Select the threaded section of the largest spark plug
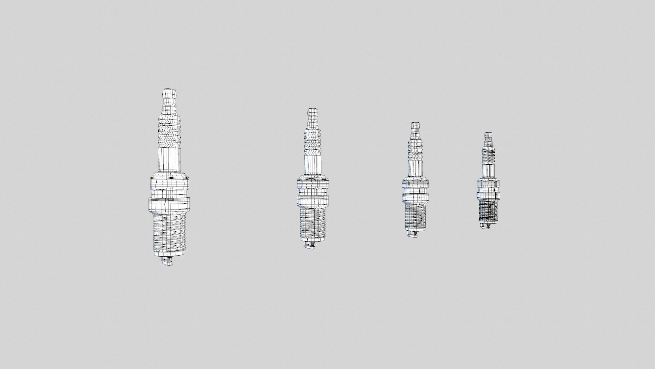[x=169, y=236]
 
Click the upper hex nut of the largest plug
[x=169, y=184]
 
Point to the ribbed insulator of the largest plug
[x=169, y=128]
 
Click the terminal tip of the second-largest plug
[x=312, y=112]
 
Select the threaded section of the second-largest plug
[x=312, y=224]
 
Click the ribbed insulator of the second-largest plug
[x=312, y=140]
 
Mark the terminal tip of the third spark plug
[x=415, y=125]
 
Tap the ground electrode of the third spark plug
[x=413, y=234]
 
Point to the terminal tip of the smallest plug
[x=489, y=135]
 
